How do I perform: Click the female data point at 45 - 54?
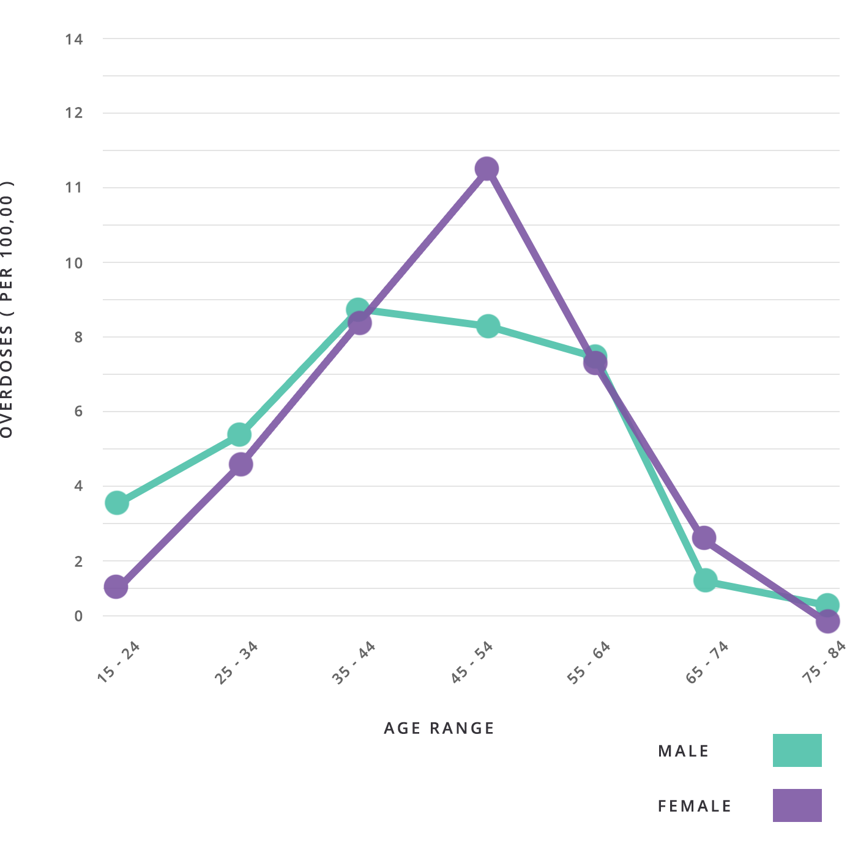487,169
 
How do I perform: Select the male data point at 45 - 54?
488,326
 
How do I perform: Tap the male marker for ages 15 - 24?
117,503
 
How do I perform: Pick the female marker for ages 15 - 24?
116,587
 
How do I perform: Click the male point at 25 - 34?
239,435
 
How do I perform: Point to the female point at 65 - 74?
704,538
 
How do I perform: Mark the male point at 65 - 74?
705,580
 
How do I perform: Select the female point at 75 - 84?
827,622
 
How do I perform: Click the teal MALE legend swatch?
797,750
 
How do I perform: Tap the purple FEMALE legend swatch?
797,805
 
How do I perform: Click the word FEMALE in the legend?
695,806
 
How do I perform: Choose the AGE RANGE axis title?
439,728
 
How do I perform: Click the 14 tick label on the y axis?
74,40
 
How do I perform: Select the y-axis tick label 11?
74,188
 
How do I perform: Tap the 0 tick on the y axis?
78,616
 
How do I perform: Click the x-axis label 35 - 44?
354,662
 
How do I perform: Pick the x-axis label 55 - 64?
589,662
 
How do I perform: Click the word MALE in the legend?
683,751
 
